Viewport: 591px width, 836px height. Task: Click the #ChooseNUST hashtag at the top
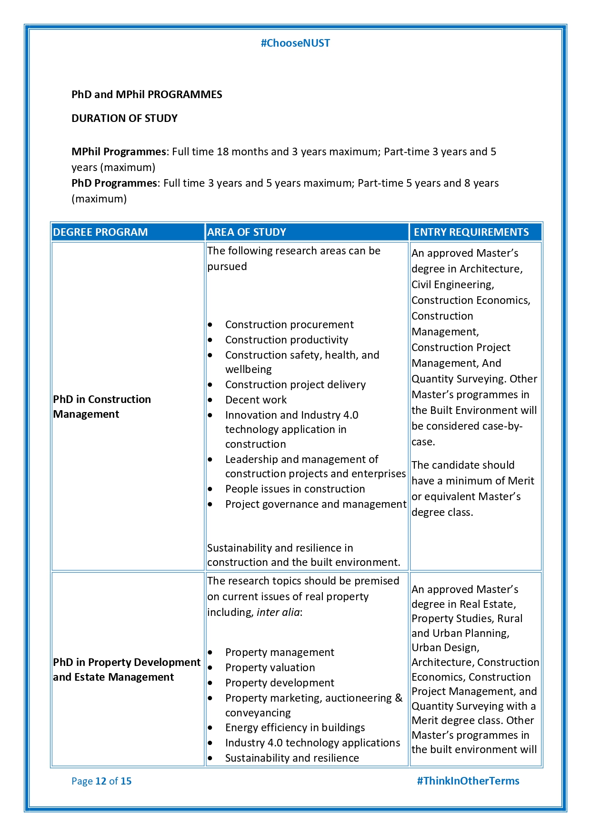295,43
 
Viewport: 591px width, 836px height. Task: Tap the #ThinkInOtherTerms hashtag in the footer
468,781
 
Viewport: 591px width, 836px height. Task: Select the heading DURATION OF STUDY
124,118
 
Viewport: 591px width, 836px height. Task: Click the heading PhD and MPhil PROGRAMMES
147,94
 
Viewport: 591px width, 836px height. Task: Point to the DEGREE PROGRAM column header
100,232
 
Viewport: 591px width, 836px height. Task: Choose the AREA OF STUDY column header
247,232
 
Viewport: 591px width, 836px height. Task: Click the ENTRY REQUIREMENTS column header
471,232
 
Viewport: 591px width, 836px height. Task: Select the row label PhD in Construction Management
102,406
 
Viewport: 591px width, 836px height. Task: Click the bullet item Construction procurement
289,324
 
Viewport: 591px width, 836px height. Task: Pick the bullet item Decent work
256,400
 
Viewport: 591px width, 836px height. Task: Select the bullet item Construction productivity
286,340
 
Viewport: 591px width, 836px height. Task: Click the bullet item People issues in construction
295,489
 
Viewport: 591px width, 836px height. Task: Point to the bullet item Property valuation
270,667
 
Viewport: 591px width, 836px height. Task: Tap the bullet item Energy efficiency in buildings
295,727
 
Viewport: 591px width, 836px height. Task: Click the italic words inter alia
278,612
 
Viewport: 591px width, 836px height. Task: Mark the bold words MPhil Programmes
119,152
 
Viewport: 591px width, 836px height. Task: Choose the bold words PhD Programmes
114,183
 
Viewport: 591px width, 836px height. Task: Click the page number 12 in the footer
101,781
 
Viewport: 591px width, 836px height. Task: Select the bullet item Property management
280,652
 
